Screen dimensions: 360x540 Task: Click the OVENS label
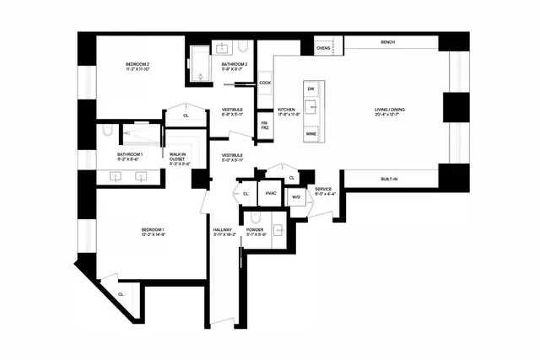coord(323,49)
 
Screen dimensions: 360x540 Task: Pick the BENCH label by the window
coord(388,42)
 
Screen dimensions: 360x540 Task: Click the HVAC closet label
coord(271,194)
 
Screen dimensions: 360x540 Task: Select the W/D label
coord(296,197)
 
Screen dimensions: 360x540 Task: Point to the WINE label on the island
coord(310,134)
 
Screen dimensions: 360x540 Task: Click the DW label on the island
coord(310,89)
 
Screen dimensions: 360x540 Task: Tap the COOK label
coord(265,83)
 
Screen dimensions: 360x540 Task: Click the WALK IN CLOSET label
coord(177,158)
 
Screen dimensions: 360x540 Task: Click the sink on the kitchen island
coord(310,108)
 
